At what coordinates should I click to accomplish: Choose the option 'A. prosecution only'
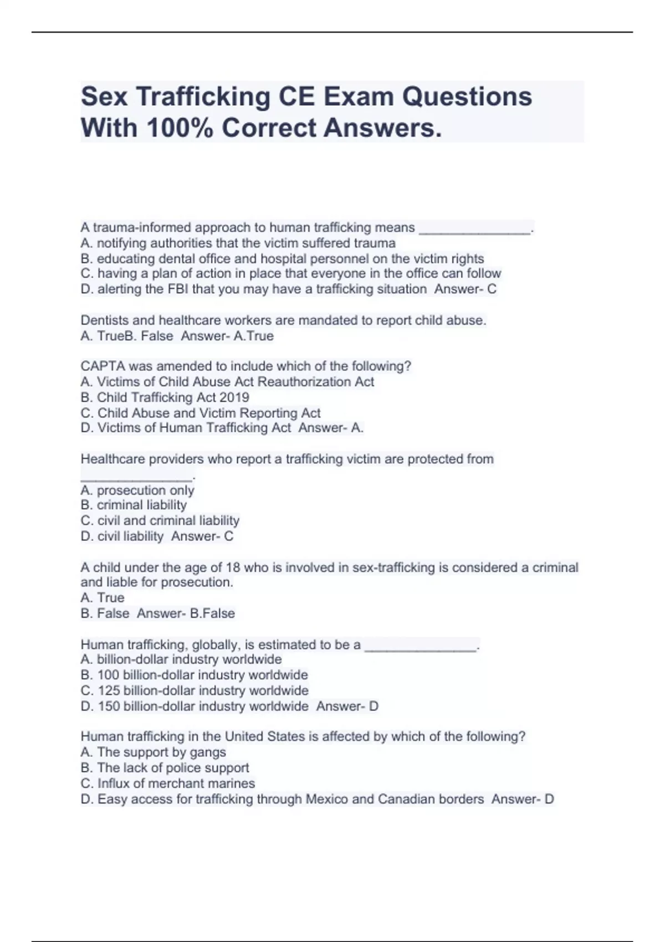[x=137, y=490]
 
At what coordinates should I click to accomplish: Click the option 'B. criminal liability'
[x=134, y=505]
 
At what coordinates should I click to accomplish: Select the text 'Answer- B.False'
[x=186, y=613]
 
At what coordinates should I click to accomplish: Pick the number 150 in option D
[x=109, y=706]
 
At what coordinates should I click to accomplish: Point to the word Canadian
[x=406, y=799]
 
